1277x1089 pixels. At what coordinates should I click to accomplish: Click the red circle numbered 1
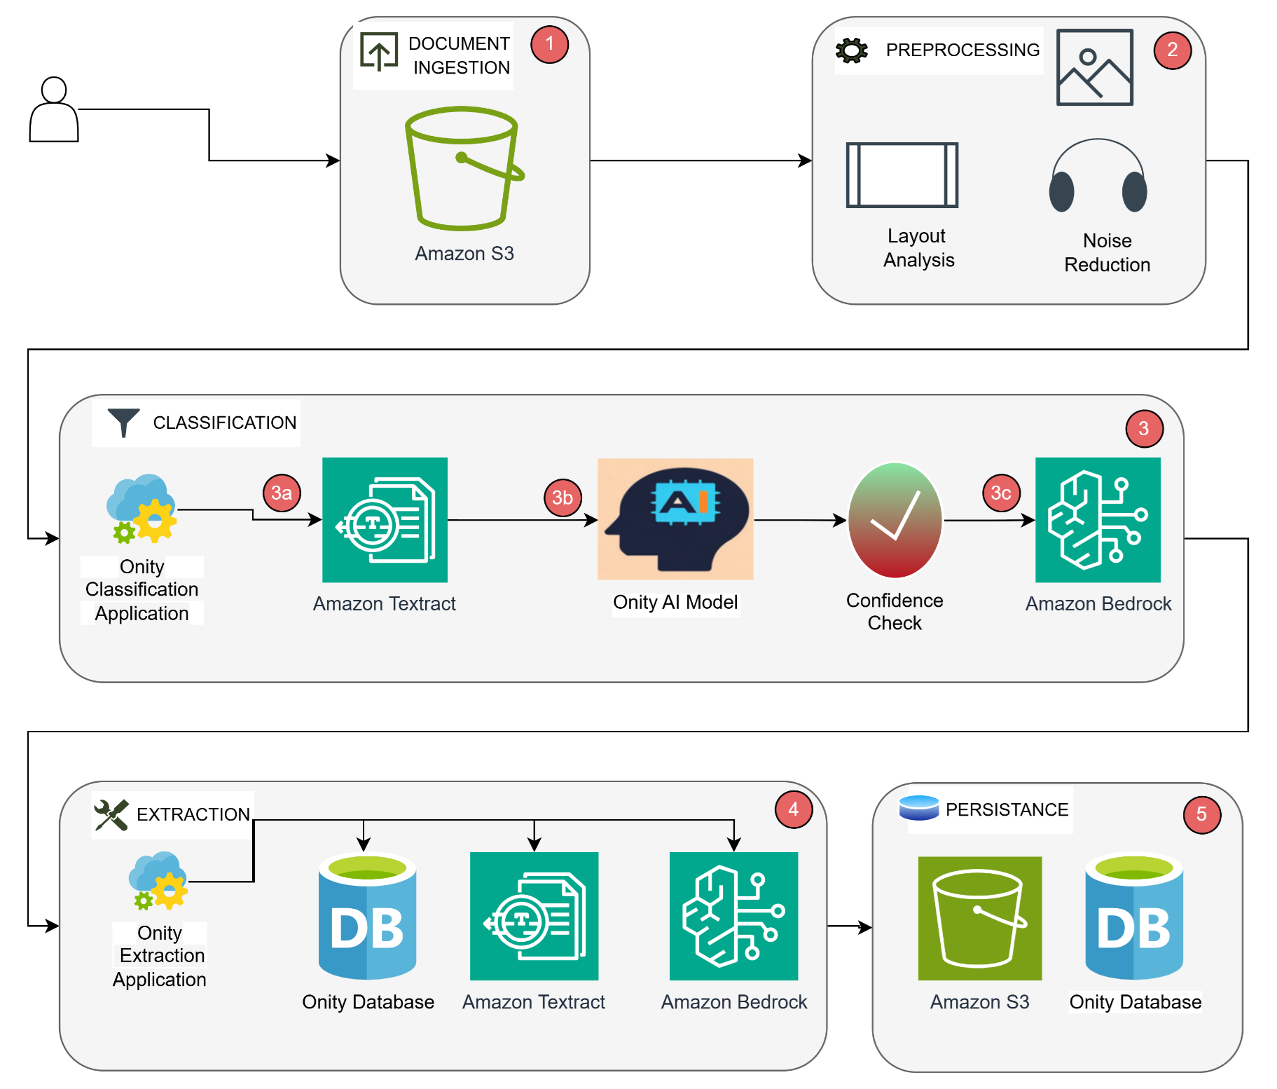tap(549, 44)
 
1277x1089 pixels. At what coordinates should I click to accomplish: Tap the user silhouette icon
tap(54, 111)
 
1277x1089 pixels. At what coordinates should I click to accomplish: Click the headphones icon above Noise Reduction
tap(1098, 177)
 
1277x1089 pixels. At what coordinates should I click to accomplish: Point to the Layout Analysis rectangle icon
tap(902, 175)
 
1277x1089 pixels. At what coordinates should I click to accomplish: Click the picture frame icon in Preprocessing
tap(1094, 67)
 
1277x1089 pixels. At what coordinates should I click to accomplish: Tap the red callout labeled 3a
tap(282, 493)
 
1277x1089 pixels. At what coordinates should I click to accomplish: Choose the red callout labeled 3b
tap(562, 498)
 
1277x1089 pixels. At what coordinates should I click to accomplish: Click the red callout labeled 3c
tap(1001, 493)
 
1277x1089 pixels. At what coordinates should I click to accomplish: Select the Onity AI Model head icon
tap(675, 519)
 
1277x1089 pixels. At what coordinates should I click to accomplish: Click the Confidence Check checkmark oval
tap(895, 520)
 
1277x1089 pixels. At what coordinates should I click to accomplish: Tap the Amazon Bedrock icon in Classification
tap(1098, 520)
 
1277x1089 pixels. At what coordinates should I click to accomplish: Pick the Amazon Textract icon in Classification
tap(385, 520)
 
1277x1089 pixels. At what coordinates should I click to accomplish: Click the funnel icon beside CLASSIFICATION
tap(123, 423)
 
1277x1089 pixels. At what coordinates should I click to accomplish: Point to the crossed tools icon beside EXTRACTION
tap(111, 815)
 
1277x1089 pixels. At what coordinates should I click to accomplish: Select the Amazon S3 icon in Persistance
tap(979, 918)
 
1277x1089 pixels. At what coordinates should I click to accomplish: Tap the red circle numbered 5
tap(1201, 814)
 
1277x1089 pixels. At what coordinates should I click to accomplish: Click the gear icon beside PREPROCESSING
tap(852, 50)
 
